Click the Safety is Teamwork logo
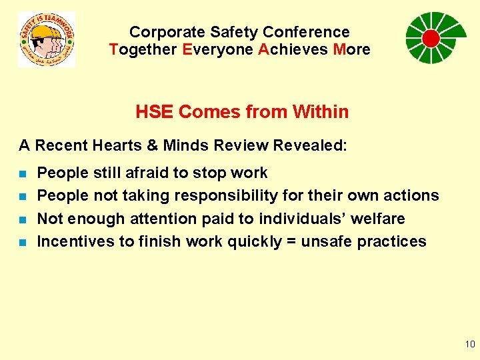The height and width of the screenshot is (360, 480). pyautogui.click(x=46, y=39)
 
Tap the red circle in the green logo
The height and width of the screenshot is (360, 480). pyautogui.click(x=431, y=39)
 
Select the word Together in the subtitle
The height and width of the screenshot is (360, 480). pyautogui.click(x=143, y=49)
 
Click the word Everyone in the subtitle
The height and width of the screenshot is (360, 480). pyautogui.click(x=215, y=49)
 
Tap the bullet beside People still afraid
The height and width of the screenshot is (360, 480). pyautogui.click(x=23, y=174)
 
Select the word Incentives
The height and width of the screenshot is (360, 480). pyautogui.click(x=75, y=241)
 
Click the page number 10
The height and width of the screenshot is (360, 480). pyautogui.click(x=469, y=344)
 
